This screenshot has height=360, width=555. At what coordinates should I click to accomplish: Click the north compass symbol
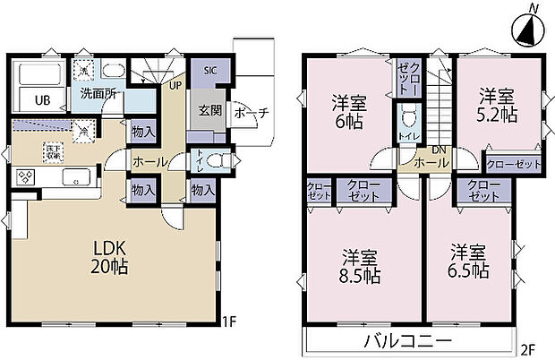click(x=527, y=29)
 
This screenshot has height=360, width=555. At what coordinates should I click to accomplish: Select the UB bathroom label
click(x=41, y=100)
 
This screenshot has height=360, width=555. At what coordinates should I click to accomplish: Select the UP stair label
click(x=176, y=85)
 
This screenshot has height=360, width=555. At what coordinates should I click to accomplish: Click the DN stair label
click(x=438, y=149)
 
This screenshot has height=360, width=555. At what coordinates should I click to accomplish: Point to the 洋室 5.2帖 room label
click(x=497, y=104)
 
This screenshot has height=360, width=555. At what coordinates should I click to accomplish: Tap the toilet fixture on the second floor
click(x=410, y=117)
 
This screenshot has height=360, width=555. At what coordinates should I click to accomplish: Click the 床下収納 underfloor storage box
click(x=53, y=151)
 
